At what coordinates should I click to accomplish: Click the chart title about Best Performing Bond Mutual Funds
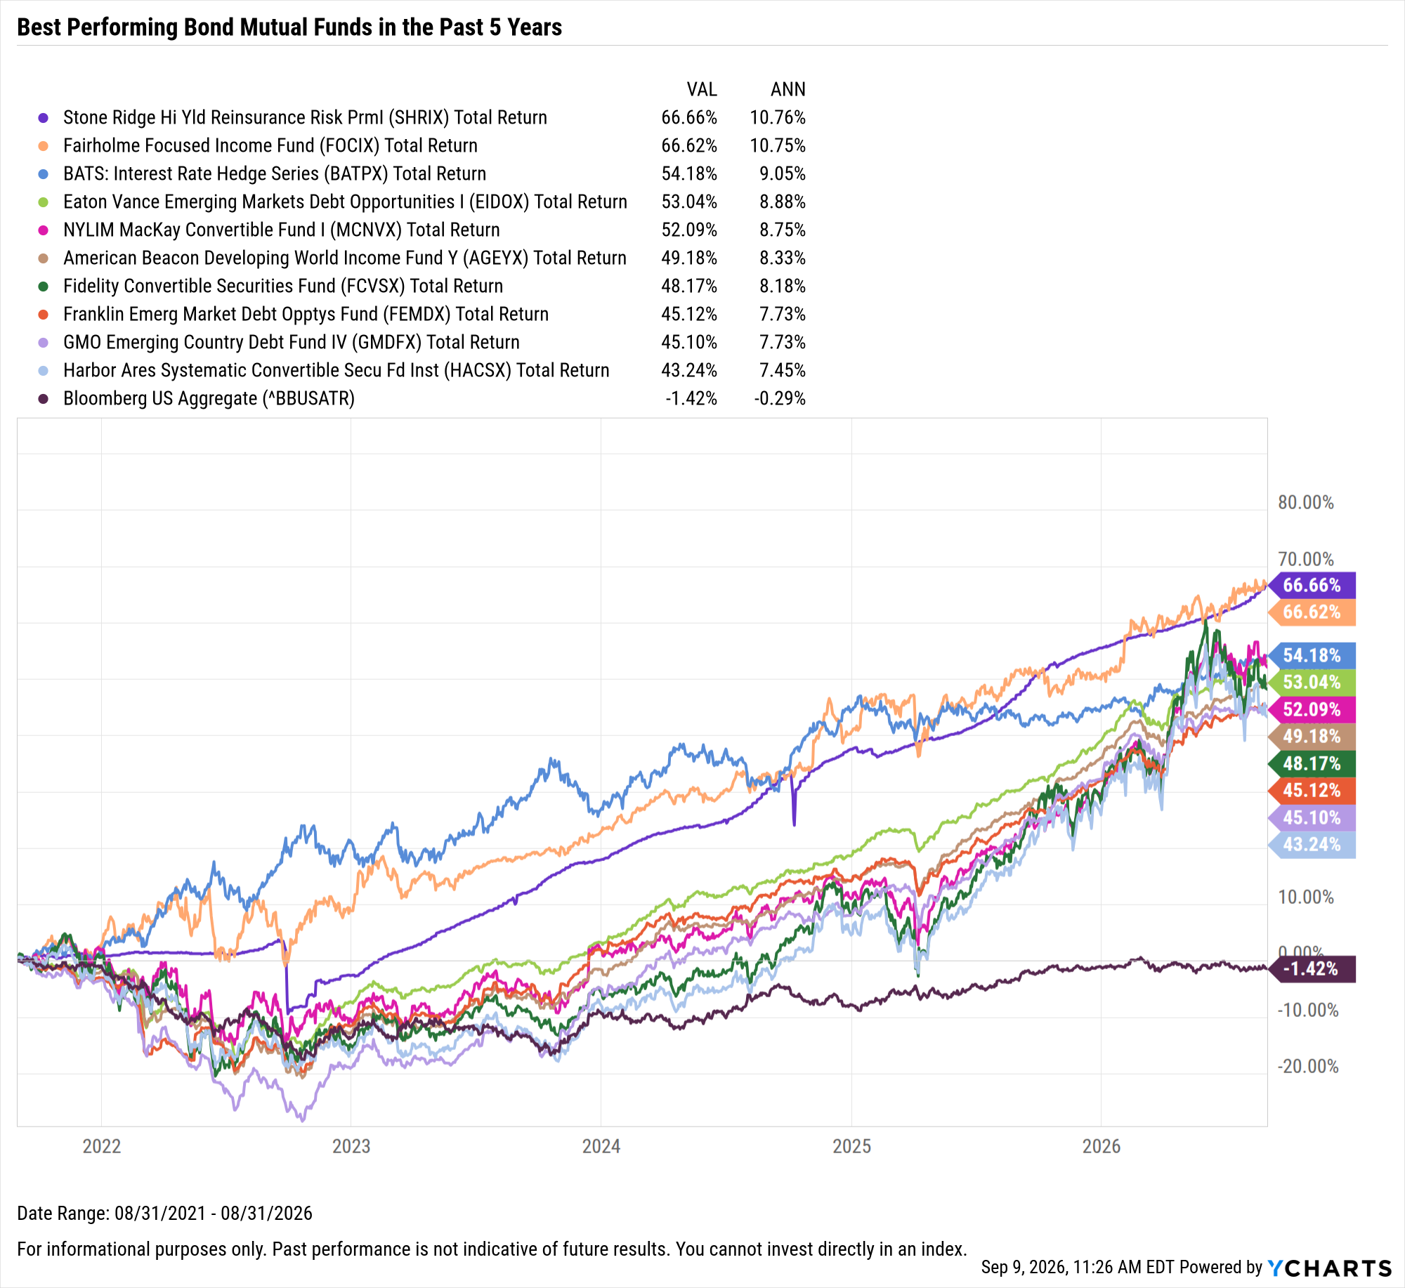(x=289, y=27)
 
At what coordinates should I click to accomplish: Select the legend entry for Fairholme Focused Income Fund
(x=270, y=145)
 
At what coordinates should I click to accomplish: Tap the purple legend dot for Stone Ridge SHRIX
(x=44, y=118)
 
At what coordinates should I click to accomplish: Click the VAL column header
(x=702, y=89)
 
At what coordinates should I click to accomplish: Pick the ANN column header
(x=788, y=89)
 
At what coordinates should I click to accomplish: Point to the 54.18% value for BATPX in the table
(x=689, y=173)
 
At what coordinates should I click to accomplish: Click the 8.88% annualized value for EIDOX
(x=783, y=202)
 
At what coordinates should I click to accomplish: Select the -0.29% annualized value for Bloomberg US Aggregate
(x=780, y=398)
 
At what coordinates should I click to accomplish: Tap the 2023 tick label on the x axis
(x=351, y=1146)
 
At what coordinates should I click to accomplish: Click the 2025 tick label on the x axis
(x=851, y=1146)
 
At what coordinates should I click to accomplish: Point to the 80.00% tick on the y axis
(x=1306, y=502)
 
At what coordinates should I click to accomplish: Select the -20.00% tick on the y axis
(x=1308, y=1066)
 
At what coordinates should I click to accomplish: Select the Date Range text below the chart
(x=165, y=1213)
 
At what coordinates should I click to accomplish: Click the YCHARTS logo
(x=1329, y=1268)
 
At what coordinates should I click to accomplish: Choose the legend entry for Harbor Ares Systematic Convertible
(x=336, y=370)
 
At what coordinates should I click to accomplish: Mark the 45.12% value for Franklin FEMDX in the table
(x=689, y=314)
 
